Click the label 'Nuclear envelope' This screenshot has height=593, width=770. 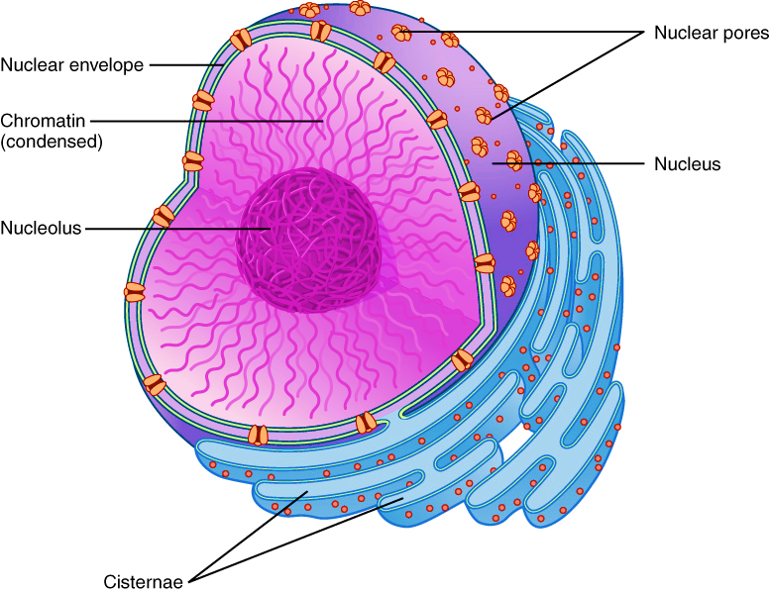(x=72, y=66)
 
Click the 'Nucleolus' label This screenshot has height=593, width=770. (x=41, y=228)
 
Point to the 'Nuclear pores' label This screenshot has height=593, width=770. (x=711, y=33)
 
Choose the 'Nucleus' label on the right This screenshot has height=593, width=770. (x=687, y=163)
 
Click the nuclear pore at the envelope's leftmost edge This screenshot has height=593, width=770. (x=135, y=292)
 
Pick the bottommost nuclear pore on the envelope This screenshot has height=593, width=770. (x=258, y=435)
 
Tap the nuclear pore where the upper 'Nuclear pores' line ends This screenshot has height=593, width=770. (x=402, y=33)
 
